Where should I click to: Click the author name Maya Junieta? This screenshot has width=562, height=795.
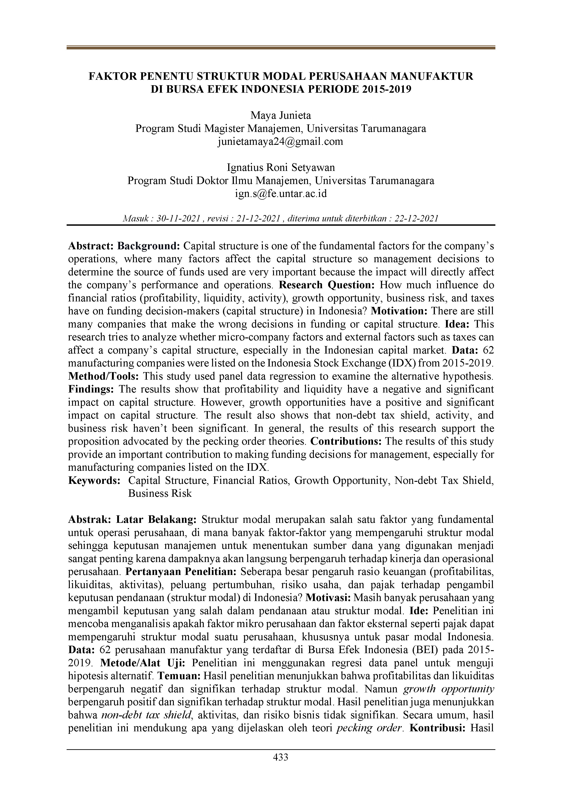281,115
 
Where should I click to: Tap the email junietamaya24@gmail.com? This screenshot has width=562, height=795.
281,141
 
